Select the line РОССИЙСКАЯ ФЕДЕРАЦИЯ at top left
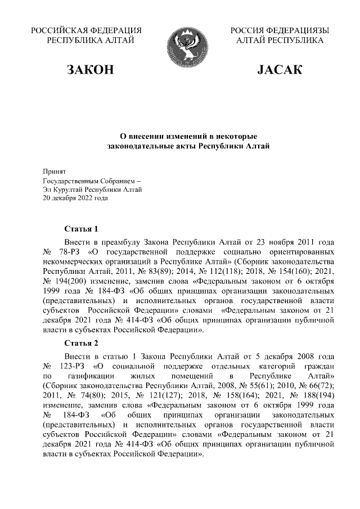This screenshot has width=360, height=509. click(x=85, y=30)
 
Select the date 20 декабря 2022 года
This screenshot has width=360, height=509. click(x=75, y=198)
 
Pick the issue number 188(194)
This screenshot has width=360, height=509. click(x=309, y=395)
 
